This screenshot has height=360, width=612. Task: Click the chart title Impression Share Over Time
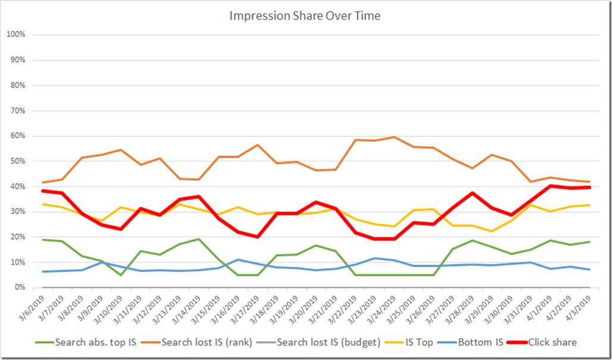tap(305, 16)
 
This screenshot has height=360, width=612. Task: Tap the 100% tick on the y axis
tap(16, 35)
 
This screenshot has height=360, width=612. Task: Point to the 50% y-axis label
tap(17, 161)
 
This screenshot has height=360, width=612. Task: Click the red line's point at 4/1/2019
tap(550, 186)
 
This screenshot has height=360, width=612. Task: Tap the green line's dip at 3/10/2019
tap(121, 275)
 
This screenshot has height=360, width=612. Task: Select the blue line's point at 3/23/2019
tap(374, 258)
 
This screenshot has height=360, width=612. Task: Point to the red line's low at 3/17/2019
tap(258, 237)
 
